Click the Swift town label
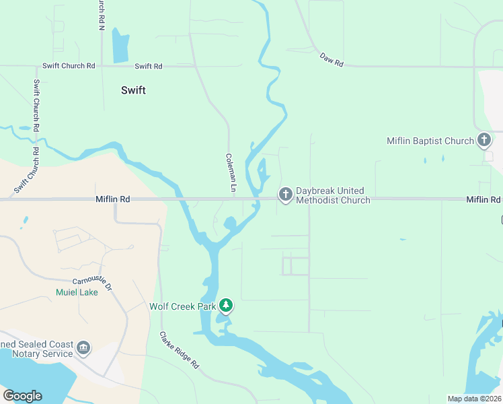click(133, 90)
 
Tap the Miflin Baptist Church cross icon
click(483, 141)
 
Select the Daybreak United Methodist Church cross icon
click(285, 195)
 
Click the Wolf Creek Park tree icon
click(227, 306)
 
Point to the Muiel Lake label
click(77, 292)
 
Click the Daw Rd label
click(332, 60)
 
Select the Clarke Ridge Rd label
click(180, 350)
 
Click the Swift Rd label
click(149, 66)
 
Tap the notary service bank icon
click(83, 348)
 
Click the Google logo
click(22, 396)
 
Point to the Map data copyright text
click(474, 399)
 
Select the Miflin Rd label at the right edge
click(483, 200)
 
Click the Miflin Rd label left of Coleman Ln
click(112, 199)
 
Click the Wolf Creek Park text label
click(182, 307)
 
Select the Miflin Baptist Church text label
click(430, 141)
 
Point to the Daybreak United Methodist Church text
click(333, 195)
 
